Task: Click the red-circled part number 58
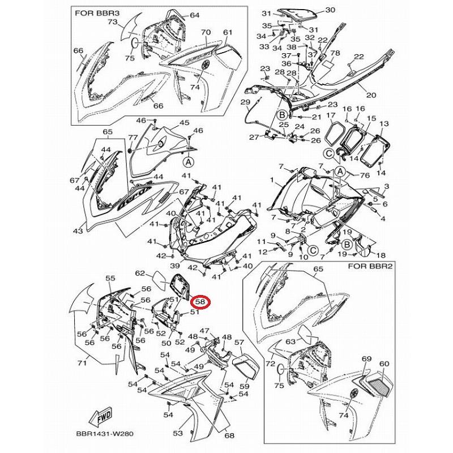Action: point(200,302)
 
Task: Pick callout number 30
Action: point(330,10)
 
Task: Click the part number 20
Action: point(371,95)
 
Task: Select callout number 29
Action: point(245,102)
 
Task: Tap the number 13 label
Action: point(384,123)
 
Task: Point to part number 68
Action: point(229,435)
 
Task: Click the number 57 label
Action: point(238,343)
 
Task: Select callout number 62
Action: point(140,273)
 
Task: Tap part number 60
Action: point(384,364)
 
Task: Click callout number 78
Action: point(335,53)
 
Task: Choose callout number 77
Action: point(133,138)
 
